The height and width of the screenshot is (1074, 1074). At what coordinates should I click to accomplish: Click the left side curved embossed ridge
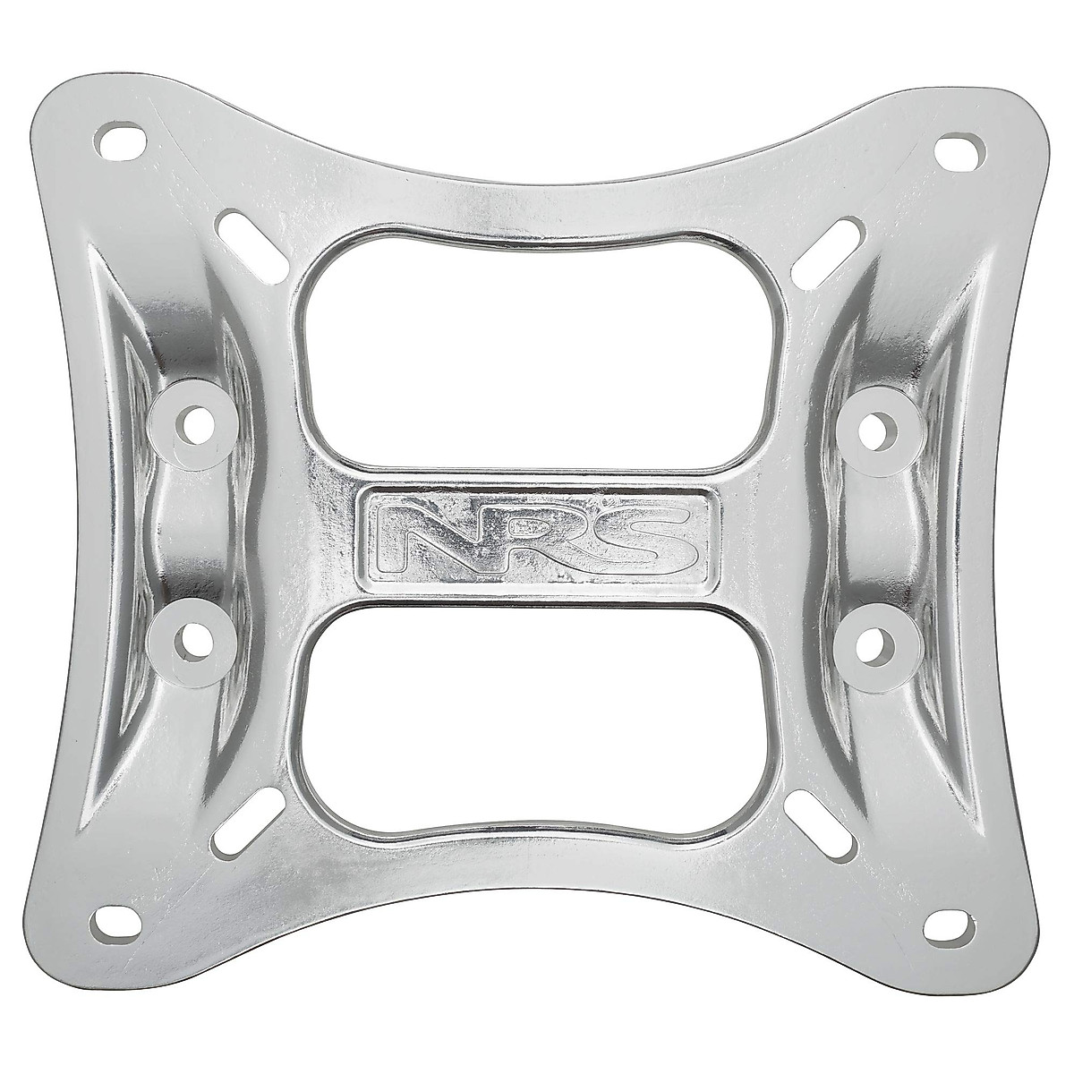tap(134, 537)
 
